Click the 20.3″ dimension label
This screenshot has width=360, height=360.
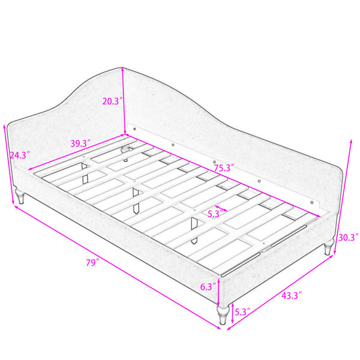111,101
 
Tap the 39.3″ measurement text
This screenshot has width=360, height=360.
80,144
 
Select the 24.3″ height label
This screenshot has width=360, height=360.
20,155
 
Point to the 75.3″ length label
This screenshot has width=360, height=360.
224,168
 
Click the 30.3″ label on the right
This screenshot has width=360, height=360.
348,238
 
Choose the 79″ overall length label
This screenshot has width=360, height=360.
92,262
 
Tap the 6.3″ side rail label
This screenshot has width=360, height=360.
208,287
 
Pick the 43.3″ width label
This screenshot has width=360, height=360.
292,295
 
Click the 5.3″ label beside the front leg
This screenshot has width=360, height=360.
242,312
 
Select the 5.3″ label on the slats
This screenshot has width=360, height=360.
215,214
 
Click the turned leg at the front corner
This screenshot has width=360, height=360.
222,315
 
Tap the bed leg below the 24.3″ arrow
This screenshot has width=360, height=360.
20,196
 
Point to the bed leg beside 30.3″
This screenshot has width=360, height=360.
329,247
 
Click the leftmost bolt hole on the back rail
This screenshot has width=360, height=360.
134,128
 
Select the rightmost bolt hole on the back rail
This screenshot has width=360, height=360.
311,202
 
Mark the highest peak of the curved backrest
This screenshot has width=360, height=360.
122,67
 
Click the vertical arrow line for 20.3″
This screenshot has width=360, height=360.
124,101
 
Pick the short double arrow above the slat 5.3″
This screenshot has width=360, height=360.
221,208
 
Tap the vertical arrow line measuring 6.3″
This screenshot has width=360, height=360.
218,292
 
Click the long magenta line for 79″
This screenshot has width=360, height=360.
117,268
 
